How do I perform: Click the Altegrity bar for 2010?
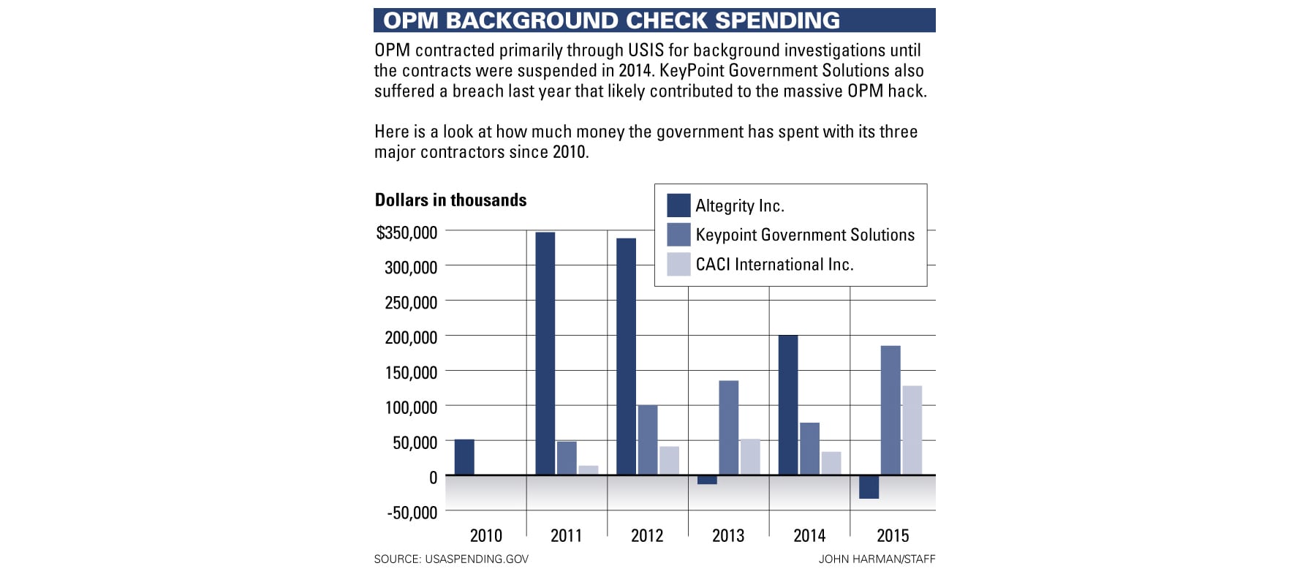[x=464, y=457]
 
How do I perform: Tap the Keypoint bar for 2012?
[x=648, y=439]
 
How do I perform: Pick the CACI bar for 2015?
[x=912, y=430]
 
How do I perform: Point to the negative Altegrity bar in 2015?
[x=869, y=487]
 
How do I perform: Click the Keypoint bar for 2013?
[x=728, y=427]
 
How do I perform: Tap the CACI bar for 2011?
[x=589, y=470]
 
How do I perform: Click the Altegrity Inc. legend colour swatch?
[x=678, y=205]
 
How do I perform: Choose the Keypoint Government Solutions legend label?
[x=805, y=235]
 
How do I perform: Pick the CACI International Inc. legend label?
[x=774, y=264]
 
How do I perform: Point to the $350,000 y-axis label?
[x=406, y=233]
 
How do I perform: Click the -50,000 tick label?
[x=412, y=513]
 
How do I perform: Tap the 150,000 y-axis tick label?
[x=411, y=372]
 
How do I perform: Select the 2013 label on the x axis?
[x=728, y=536]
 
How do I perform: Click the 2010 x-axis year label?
[x=486, y=536]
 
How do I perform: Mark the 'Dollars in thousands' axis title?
[x=450, y=200]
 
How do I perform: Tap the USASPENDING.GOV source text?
[x=476, y=559]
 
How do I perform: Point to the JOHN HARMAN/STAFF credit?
[x=877, y=559]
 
